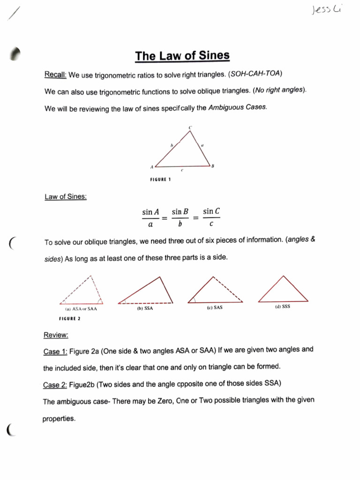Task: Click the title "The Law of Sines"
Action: (182, 56)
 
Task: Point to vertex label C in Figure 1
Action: (190, 127)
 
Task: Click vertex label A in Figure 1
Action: (151, 166)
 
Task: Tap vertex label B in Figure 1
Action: (212, 166)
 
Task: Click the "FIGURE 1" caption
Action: (160, 180)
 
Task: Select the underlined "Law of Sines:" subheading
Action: (65, 197)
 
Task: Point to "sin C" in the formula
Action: (211, 212)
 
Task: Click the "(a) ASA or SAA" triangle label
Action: (81, 309)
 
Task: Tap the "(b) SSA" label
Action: (145, 309)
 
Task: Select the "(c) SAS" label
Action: (214, 308)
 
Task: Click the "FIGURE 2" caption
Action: (69, 318)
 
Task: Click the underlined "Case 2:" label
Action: (55, 385)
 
